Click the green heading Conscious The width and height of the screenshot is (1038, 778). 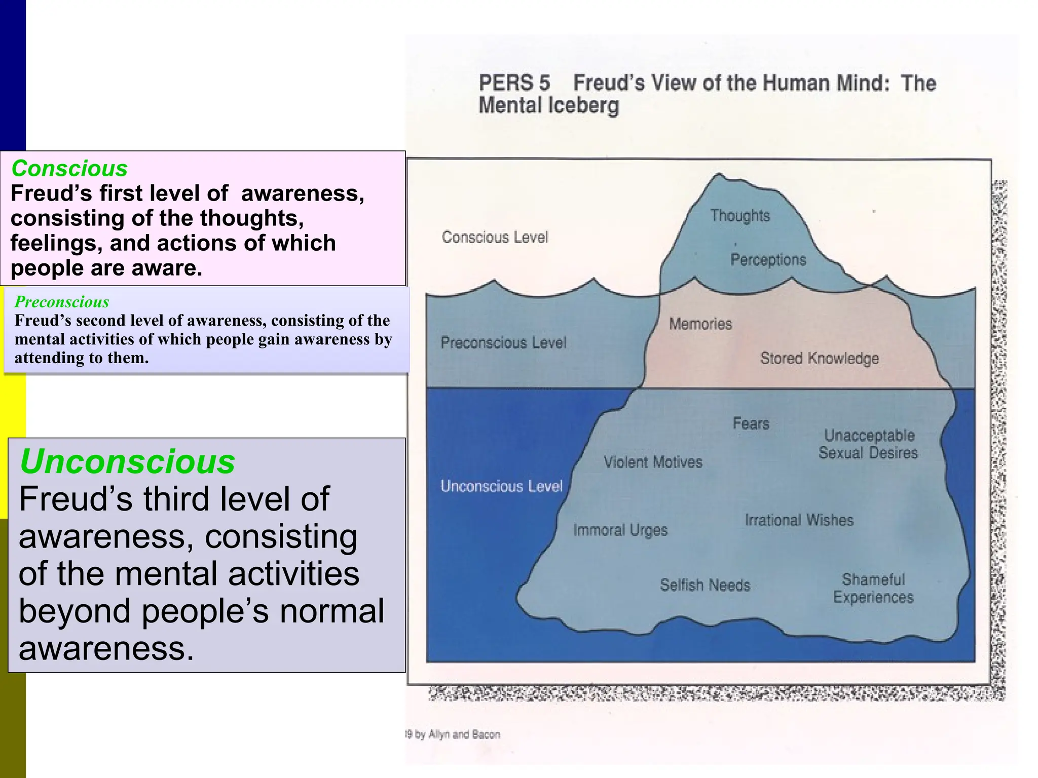pyautogui.click(x=69, y=169)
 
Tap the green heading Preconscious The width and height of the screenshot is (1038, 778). pyautogui.click(x=62, y=302)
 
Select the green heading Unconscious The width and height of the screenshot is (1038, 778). pyautogui.click(x=127, y=461)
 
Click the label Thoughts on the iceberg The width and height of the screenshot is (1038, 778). pyautogui.click(x=740, y=216)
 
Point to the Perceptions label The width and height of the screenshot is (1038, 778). pyautogui.click(x=768, y=260)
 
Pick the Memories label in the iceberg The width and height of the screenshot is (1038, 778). pyautogui.click(x=700, y=324)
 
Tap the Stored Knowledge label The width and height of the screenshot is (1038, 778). pyautogui.click(x=819, y=359)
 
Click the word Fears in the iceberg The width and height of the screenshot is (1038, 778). pyautogui.click(x=751, y=423)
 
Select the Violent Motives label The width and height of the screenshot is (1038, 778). pyautogui.click(x=653, y=462)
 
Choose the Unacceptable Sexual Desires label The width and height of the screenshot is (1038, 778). pyautogui.click(x=869, y=444)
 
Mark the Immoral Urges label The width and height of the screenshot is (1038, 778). pyautogui.click(x=620, y=530)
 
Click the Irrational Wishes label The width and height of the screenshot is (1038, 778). pyautogui.click(x=799, y=520)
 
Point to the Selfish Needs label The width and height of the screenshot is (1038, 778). pyautogui.click(x=705, y=585)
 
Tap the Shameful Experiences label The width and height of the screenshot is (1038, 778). pyautogui.click(x=873, y=588)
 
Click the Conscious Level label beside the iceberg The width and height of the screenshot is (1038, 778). pyautogui.click(x=495, y=237)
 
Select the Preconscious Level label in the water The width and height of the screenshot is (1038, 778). pyautogui.click(x=503, y=343)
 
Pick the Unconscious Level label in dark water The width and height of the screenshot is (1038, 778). pyautogui.click(x=501, y=486)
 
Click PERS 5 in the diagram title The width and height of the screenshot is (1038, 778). pyautogui.click(x=514, y=83)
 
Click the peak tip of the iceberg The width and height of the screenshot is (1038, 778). pyautogui.click(x=718, y=175)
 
